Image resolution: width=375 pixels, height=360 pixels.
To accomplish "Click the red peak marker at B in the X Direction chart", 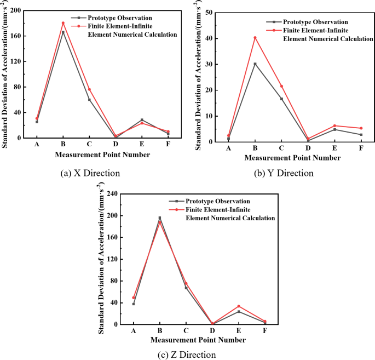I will point(63,23).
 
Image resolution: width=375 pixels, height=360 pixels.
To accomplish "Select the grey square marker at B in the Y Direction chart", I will point(255,64).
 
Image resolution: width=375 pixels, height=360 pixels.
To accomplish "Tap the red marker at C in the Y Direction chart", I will point(281,86).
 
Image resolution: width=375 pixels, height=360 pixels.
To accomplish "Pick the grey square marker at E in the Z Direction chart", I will point(239,311).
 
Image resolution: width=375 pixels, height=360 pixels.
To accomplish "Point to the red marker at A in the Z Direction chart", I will point(134,298).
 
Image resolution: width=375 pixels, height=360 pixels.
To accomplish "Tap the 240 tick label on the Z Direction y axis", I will point(113,194).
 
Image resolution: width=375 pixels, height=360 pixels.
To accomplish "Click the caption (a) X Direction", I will point(90,173).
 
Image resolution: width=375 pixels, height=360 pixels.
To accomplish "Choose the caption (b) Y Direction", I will point(284,173).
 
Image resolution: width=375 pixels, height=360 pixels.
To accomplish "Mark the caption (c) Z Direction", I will point(187,354).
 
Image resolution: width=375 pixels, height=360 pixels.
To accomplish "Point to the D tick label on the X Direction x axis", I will point(116,144).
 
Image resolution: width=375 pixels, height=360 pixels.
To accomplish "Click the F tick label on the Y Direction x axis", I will point(361,148).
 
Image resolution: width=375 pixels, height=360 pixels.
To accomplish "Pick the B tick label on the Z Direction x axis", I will point(160,331).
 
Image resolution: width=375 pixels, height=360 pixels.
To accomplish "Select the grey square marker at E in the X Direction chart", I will point(142,119).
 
